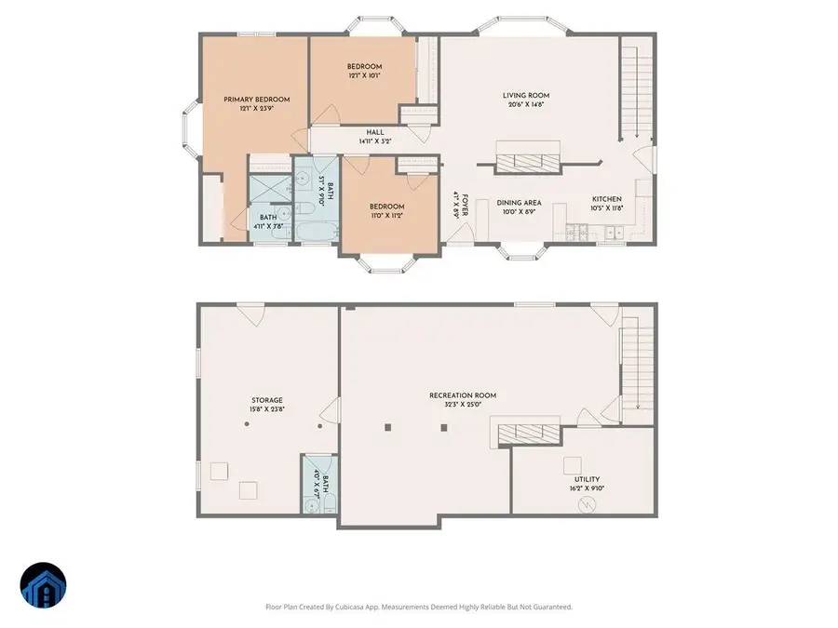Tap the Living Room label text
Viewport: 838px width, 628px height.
pos(526,95)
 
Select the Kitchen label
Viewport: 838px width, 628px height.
pos(607,198)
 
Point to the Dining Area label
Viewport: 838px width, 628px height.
pos(519,202)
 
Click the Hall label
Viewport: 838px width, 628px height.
pos(375,132)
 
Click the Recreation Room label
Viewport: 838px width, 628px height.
pos(463,395)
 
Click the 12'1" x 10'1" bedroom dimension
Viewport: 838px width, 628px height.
pos(364,77)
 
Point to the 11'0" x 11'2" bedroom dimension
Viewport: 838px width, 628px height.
pos(386,216)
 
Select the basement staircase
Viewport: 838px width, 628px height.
pos(637,363)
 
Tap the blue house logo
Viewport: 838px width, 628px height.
pos(43,587)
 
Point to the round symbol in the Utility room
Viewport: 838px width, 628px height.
pos(587,504)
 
